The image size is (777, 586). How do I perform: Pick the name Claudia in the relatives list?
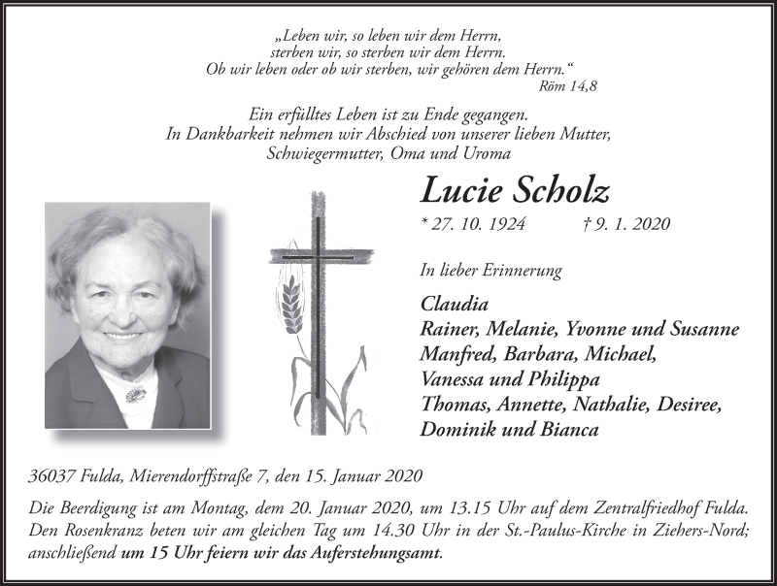(x=454, y=302)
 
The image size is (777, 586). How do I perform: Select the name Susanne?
(x=702, y=328)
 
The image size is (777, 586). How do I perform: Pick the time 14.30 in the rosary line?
(x=363, y=532)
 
